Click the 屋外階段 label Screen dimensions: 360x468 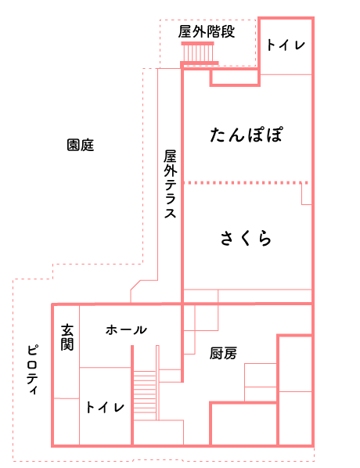point(207,31)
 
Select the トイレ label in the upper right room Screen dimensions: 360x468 point(286,45)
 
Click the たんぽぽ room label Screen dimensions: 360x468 point(247,135)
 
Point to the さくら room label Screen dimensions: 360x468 point(246,239)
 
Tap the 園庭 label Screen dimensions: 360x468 point(81,145)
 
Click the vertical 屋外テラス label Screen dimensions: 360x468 point(170,184)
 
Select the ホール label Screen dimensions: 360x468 point(126,329)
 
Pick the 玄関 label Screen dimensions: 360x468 point(67,337)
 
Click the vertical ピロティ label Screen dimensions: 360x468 point(32,370)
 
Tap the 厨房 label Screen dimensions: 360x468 point(223,354)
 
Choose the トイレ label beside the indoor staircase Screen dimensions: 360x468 point(105,407)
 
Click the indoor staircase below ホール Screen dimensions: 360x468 point(145,395)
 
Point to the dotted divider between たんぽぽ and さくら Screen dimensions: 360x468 point(246,182)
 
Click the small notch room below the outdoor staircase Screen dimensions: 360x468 point(235,78)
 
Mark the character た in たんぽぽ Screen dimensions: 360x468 point(218,135)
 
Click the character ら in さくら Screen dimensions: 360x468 point(265,239)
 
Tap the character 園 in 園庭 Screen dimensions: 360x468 point(74,145)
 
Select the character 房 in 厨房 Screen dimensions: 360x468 point(230,354)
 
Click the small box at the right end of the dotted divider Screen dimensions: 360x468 point(307,194)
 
